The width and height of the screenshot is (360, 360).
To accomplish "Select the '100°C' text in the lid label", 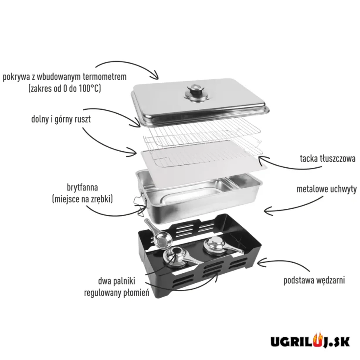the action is point(90,88).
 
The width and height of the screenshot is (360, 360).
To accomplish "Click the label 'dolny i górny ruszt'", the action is point(61,119).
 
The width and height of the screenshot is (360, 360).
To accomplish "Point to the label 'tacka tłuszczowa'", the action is point(328,159).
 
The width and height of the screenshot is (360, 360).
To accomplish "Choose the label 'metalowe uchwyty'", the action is point(327,190).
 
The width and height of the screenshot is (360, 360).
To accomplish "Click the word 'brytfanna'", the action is point(82,187).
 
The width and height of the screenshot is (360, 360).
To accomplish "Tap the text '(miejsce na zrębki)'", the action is point(82,199).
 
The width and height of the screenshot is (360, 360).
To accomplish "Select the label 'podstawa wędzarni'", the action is point(314,280).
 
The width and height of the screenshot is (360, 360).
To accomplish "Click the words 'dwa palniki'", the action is point(117,281).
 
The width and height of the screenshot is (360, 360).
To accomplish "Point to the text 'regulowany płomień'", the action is point(117,293).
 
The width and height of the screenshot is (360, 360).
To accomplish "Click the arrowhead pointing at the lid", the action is point(155,75).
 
